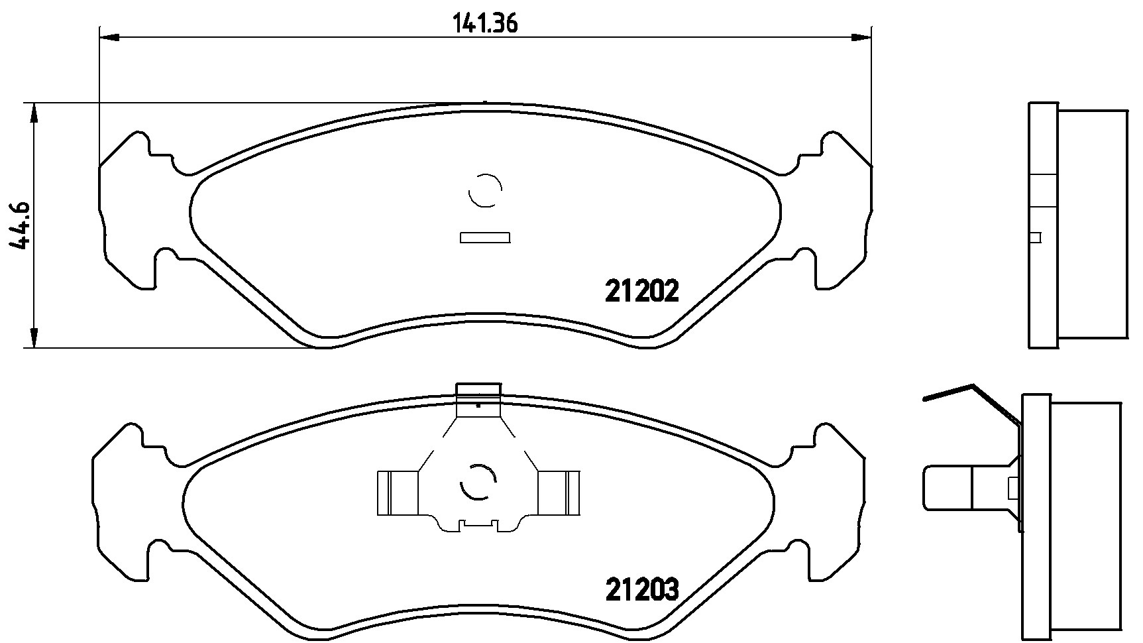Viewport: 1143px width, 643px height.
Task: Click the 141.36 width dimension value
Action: [x=484, y=24]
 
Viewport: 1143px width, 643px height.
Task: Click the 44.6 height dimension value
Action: [x=21, y=225]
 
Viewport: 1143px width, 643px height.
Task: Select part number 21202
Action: [x=642, y=291]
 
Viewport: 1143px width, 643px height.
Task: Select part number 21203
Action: [x=642, y=589]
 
